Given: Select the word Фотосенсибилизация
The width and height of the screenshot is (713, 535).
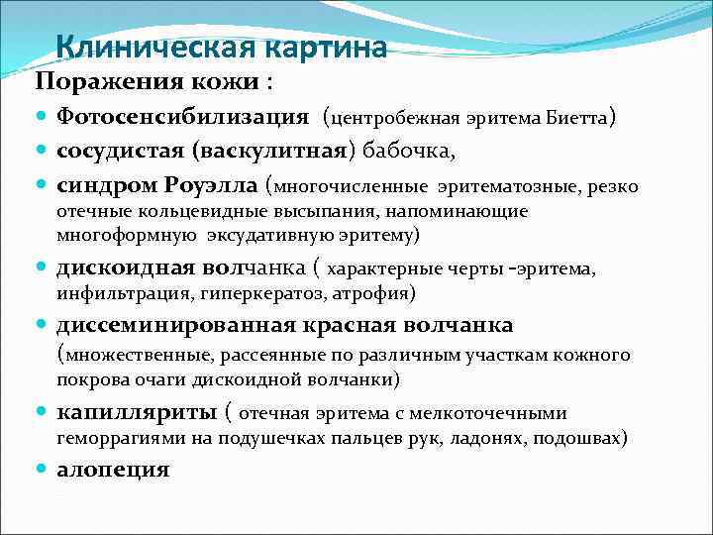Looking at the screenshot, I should point(183,117).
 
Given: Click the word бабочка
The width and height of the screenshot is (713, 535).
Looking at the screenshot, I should point(407,152).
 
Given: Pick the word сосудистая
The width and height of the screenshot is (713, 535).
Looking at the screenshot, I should point(120,152).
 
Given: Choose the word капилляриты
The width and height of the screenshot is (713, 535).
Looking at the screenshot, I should point(137,411).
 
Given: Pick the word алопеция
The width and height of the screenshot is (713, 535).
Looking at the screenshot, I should point(113,469).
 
